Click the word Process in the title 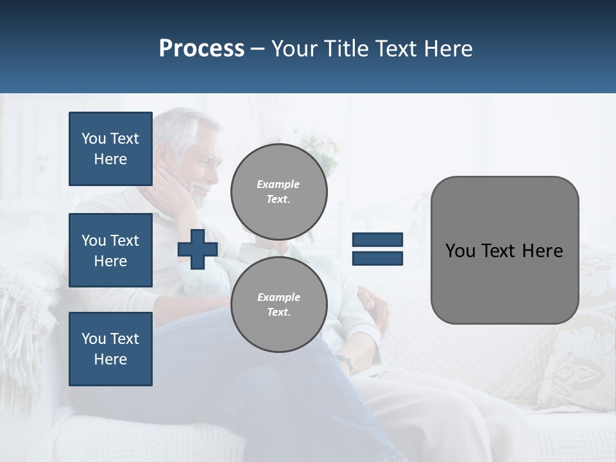click(x=201, y=49)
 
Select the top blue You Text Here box click(x=110, y=149)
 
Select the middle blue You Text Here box click(x=110, y=250)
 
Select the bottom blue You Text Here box click(x=110, y=348)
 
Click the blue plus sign click(x=198, y=249)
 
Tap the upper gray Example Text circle click(x=278, y=191)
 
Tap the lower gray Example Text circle click(x=278, y=304)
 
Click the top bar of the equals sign click(x=377, y=240)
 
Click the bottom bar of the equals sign click(x=377, y=258)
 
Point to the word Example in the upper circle click(x=278, y=184)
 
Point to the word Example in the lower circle click(x=278, y=297)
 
